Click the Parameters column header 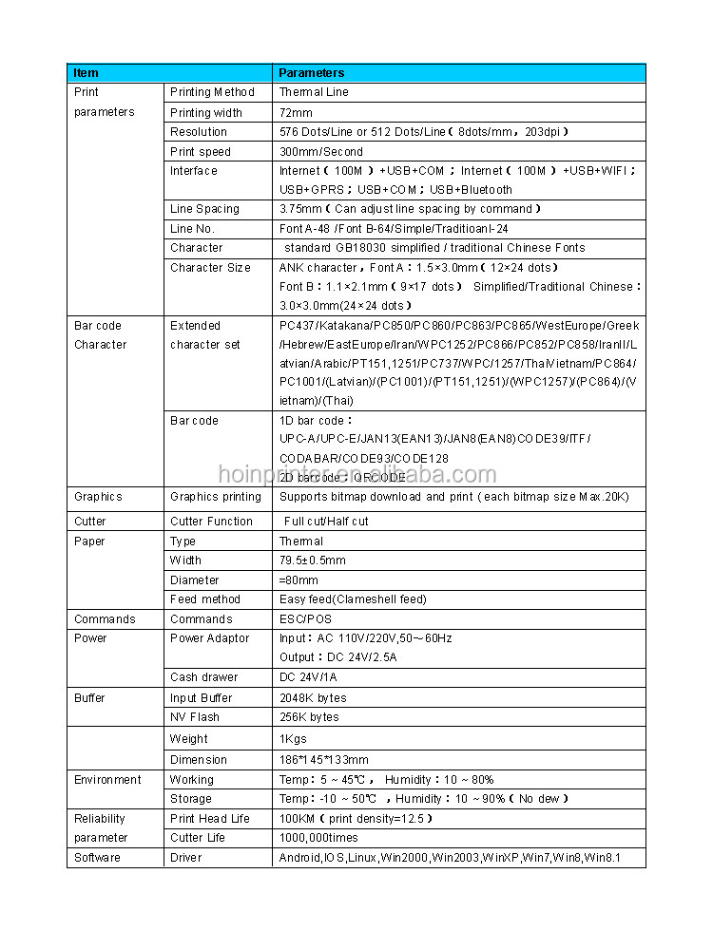[x=311, y=73]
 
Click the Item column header [x=86, y=73]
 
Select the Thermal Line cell [x=314, y=92]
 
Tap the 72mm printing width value [x=296, y=113]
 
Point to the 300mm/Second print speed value [x=320, y=152]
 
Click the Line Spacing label [x=204, y=209]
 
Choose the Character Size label [x=210, y=268]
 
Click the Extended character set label [x=204, y=335]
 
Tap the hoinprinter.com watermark [x=356, y=475]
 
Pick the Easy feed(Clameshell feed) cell [x=353, y=599]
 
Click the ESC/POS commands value [x=305, y=619]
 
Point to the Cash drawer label [x=203, y=677]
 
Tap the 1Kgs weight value [x=294, y=739]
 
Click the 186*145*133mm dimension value [x=323, y=760]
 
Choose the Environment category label [x=107, y=780]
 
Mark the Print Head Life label [x=209, y=819]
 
